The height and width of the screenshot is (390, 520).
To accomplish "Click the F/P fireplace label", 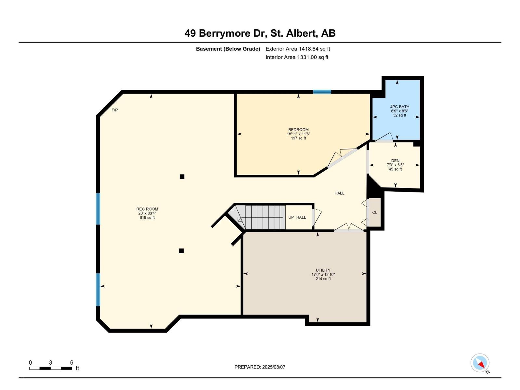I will pyautogui.click(x=115, y=110).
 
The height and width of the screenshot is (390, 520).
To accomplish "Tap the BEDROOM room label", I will pyautogui.click(x=298, y=130).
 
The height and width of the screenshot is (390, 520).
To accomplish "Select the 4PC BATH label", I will pyautogui.click(x=400, y=107).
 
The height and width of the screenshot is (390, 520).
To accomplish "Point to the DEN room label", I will pyautogui.click(x=395, y=161).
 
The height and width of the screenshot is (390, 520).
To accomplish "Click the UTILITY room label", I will pyautogui.click(x=323, y=270).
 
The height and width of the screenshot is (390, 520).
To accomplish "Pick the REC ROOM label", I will pyautogui.click(x=147, y=209).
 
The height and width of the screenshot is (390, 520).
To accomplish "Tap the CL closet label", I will pyautogui.click(x=375, y=212).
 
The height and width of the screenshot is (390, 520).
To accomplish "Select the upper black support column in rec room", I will pyautogui.click(x=182, y=176).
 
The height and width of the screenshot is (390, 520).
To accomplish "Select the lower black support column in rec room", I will pyautogui.click(x=181, y=251).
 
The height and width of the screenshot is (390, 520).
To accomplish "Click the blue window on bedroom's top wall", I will pyautogui.click(x=322, y=92).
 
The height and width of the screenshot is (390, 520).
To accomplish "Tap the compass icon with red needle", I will pyautogui.click(x=480, y=363).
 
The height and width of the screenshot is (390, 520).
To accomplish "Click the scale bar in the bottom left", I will pyautogui.click(x=50, y=368).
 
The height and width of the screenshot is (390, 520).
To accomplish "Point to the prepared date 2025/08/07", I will pyautogui.click(x=260, y=367).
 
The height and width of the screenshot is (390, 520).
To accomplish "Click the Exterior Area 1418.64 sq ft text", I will pyautogui.click(x=298, y=49).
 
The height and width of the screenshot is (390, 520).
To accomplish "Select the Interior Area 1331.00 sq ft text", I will pyautogui.click(x=297, y=57).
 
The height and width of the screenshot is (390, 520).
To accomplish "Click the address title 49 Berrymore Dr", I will pyautogui.click(x=260, y=33).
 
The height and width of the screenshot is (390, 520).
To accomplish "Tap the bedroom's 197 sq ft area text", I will pyautogui.click(x=298, y=138).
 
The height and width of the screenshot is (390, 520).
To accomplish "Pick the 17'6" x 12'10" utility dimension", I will pyautogui.click(x=323, y=275).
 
